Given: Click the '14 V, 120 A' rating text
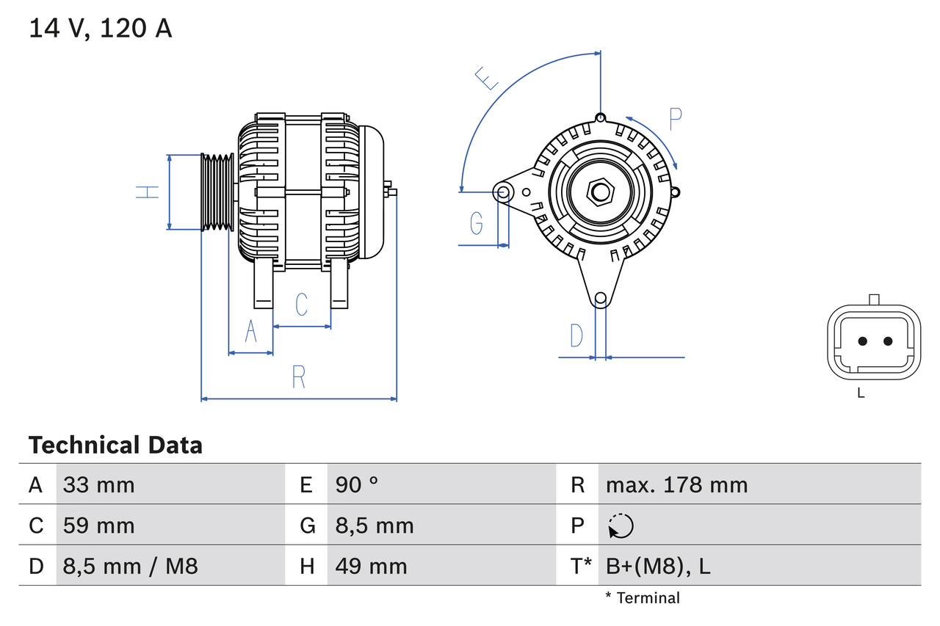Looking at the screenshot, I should tap(101, 29).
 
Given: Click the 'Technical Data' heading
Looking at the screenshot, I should tap(115, 445).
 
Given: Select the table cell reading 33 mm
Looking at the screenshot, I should tap(99, 484).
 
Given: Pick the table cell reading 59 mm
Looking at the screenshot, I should tap(99, 525).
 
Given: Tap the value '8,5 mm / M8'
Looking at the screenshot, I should tap(130, 566).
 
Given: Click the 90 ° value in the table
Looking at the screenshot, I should tap(357, 484).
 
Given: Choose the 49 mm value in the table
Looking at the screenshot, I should tap(371, 566).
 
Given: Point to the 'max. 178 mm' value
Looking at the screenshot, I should tap(676, 484).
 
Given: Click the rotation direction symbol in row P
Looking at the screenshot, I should tap(621, 525).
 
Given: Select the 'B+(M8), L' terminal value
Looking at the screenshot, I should tap(657, 566).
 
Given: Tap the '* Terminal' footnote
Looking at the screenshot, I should tap(643, 598).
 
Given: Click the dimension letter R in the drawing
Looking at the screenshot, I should tap(298, 376).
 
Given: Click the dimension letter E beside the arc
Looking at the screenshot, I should tap(486, 78).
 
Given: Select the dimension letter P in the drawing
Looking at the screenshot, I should tap(676, 118).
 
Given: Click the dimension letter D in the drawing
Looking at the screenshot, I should tap(576, 335).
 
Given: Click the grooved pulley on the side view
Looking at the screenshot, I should tap(218, 192).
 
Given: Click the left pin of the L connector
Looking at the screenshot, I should tap(863, 341).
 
